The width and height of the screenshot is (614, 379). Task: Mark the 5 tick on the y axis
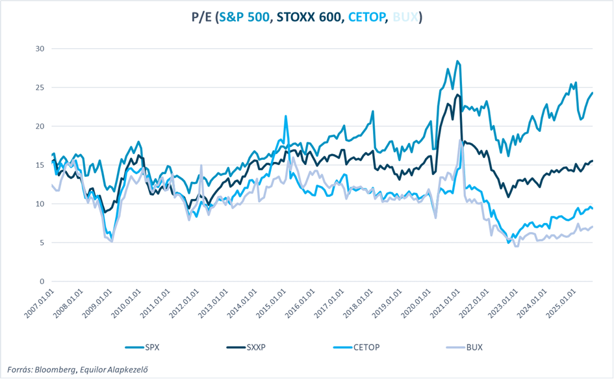pos(42,242)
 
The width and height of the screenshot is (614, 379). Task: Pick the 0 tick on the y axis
pos(42,281)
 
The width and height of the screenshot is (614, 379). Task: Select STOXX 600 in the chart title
pos(309,17)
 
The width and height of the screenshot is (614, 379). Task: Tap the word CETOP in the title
pos(366,17)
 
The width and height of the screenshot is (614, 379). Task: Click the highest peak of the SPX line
pos(457,61)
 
